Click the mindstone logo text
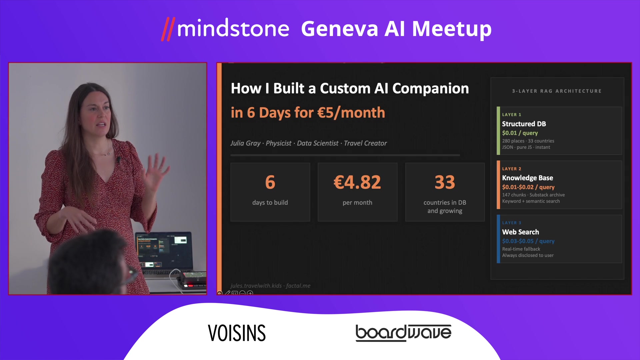pos(233,29)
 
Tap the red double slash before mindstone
pos(168,29)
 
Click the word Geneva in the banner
pos(339,29)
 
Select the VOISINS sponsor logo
pos(237,333)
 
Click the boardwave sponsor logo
pos(403,333)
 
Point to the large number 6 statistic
pos(270,182)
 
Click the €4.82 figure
pos(357,182)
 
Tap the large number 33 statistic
pos(445,182)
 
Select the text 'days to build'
pos(270,202)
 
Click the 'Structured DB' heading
pos(524,124)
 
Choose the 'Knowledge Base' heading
pos(527,178)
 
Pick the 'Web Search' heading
pos(520,232)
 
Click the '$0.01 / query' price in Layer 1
pos(520,133)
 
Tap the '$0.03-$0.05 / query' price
pos(528,241)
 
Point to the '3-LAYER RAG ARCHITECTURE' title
pos(557,91)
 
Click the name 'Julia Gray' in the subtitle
pos(245,143)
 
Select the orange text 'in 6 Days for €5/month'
pos(308,113)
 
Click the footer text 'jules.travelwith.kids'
pos(256,286)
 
